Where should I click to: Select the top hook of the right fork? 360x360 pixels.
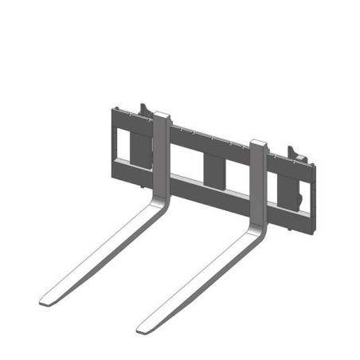click(x=259, y=144)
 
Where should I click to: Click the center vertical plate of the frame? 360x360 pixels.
click(x=213, y=168)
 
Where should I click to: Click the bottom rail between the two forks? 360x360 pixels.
click(x=209, y=192)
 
